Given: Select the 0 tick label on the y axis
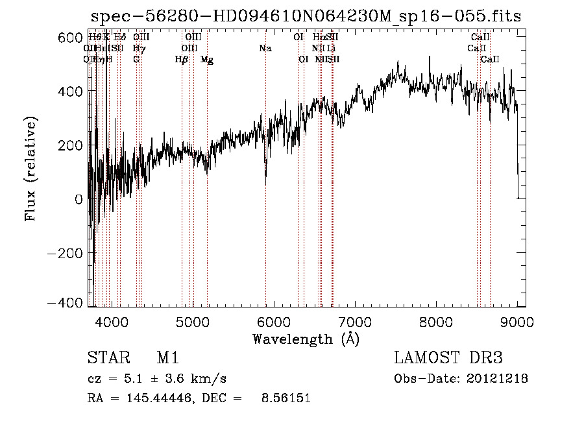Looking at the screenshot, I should (78, 199).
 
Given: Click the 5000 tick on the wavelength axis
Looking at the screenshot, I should (191, 322).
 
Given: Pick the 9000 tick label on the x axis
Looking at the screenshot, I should (517, 322).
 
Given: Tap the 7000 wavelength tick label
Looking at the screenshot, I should (354, 322).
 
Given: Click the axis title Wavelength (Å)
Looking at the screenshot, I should (306, 339).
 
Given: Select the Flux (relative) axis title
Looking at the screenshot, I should (30, 169).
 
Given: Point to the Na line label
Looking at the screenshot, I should (265, 48).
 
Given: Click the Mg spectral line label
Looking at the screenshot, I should (207, 60).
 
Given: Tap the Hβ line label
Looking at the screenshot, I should (182, 60).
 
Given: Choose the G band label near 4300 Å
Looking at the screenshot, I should (136, 59).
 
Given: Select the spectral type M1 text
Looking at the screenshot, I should (167, 359).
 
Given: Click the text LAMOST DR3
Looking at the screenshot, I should (448, 359).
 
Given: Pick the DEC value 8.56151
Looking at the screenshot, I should (286, 398).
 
